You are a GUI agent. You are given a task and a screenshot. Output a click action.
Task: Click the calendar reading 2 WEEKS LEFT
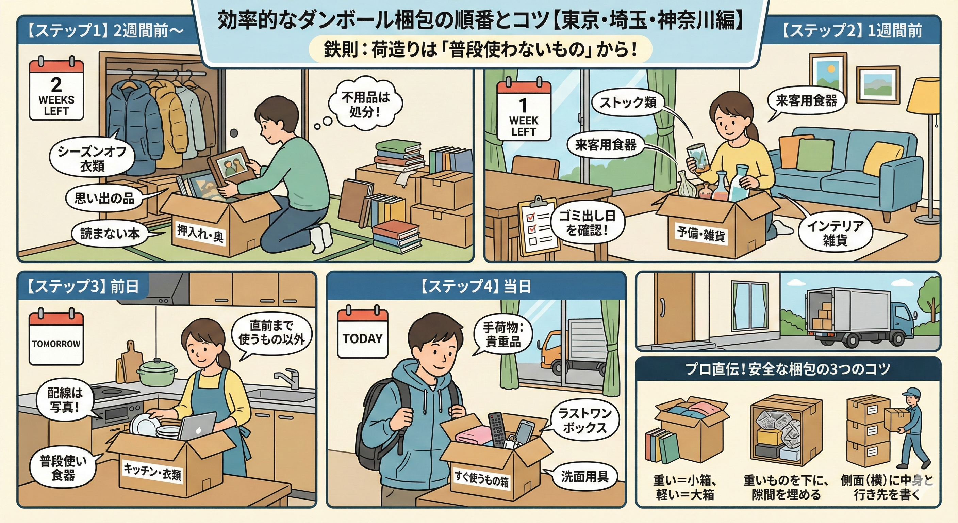coord(56,89)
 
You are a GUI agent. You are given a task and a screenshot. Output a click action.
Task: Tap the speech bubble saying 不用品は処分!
coord(366,104)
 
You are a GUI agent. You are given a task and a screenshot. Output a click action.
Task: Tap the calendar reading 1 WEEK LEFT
coord(524,110)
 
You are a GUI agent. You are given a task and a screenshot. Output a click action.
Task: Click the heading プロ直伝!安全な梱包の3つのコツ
coord(788,369)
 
